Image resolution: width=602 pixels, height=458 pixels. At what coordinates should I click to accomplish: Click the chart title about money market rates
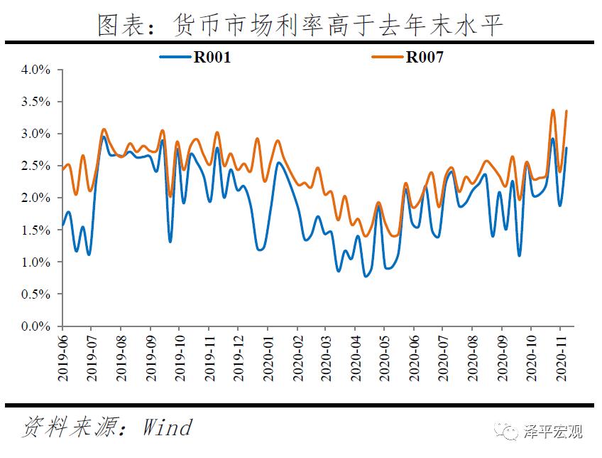[300, 26]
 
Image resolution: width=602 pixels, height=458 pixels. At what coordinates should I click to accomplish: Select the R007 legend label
[425, 58]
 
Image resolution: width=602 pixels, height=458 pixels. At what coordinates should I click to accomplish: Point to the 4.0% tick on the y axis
[36, 70]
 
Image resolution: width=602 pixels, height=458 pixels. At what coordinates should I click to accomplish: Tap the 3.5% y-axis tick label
[36, 102]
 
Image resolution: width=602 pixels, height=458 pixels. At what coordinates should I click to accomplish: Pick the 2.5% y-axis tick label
[36, 166]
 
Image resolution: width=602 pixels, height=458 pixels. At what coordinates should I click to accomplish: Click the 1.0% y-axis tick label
[36, 262]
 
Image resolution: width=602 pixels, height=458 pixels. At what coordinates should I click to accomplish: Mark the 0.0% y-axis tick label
[36, 326]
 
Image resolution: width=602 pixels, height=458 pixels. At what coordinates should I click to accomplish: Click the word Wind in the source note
[168, 427]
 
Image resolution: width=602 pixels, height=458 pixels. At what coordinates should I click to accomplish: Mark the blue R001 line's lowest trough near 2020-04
[366, 276]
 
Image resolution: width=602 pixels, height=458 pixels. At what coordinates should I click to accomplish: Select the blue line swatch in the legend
[176, 58]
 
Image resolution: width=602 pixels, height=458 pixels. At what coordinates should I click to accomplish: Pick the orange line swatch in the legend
[388, 58]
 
